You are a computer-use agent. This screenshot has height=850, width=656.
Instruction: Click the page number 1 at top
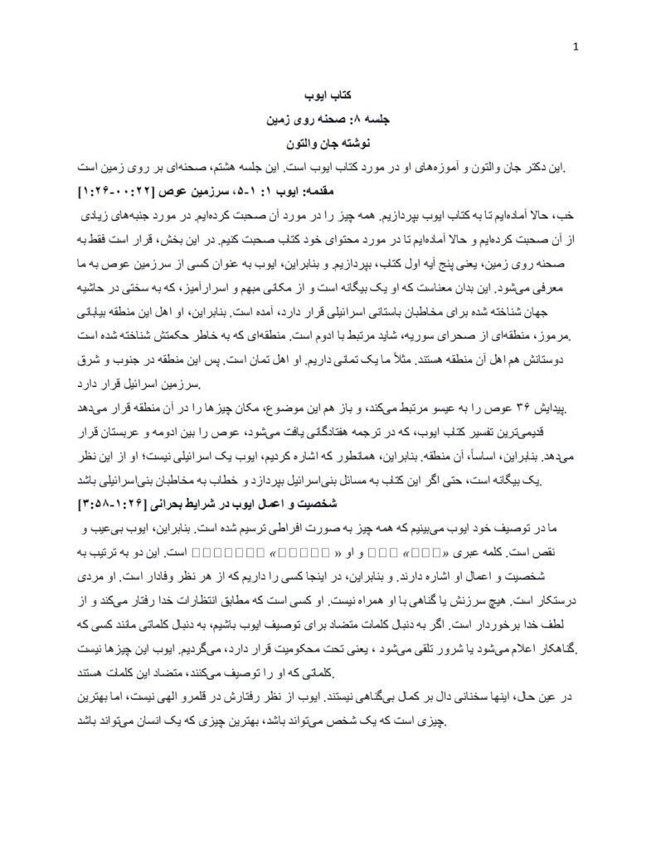(x=576, y=47)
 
